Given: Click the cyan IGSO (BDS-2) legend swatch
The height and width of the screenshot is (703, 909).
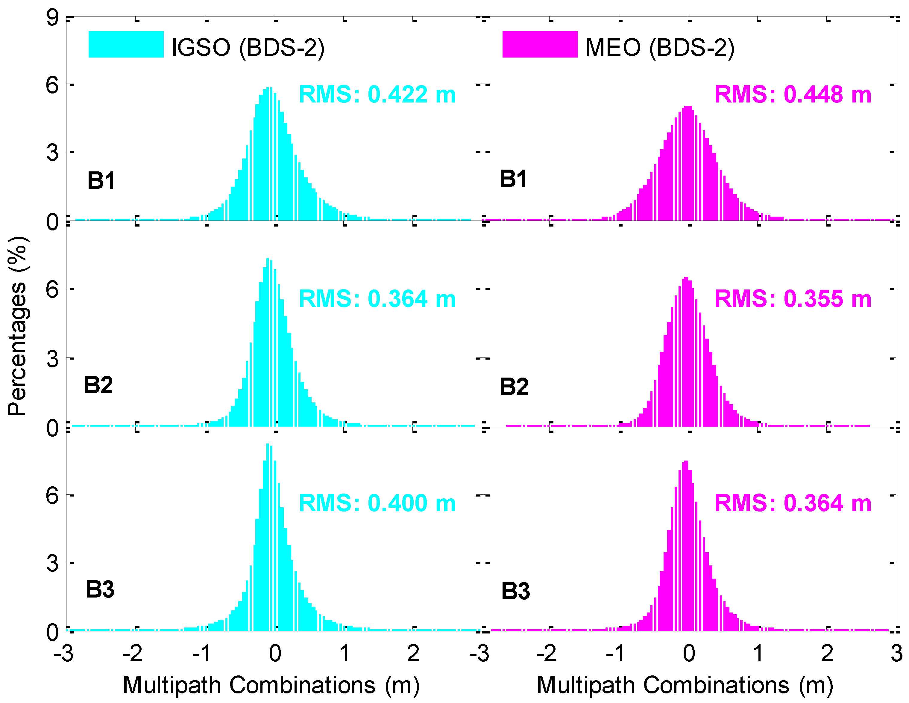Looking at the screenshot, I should coord(126,44).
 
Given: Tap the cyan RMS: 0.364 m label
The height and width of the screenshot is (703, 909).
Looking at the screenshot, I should coord(377,299).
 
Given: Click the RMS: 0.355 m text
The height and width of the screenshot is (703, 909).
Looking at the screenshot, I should coord(793,299).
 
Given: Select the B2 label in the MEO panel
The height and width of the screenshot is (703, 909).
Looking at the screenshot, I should coord(514,387).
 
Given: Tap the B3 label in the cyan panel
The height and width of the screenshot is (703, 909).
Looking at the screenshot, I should coord(100,589).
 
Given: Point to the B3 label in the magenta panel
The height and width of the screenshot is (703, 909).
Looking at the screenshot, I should coord(515,591).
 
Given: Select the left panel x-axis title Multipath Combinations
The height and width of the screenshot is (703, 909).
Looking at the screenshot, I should coord(271,685).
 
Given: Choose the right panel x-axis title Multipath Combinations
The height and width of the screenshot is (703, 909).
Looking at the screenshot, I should coord(685,685).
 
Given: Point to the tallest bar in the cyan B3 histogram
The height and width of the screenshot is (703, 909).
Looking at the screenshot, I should coord(268,538).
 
